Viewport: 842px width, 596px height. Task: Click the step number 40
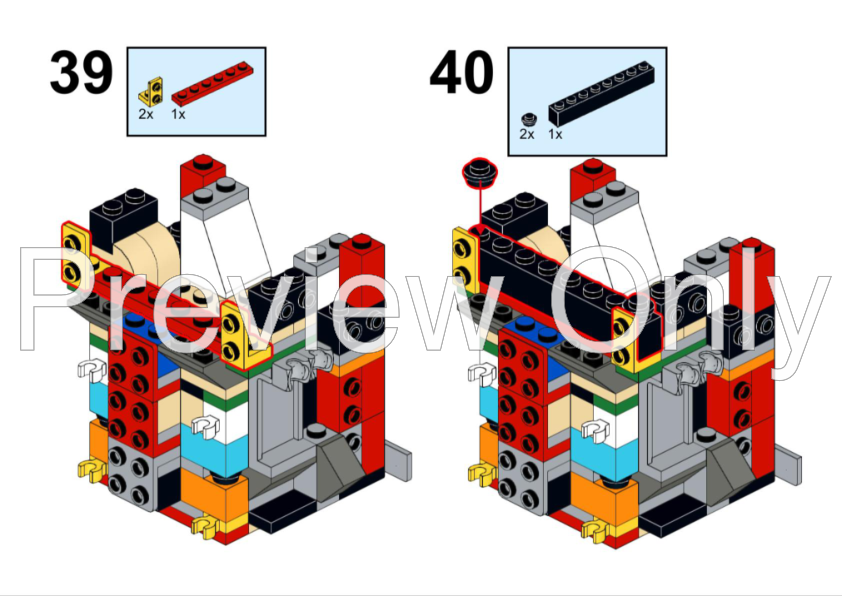tap(461, 73)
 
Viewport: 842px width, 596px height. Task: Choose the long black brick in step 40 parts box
tap(599, 97)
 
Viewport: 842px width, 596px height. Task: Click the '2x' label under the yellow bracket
tap(146, 115)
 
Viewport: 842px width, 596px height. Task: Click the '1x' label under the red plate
tap(179, 115)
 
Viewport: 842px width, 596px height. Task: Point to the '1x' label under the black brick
tap(555, 134)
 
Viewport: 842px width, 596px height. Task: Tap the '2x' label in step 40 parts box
tap(527, 134)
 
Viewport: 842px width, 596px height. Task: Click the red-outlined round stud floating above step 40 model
tap(480, 173)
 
